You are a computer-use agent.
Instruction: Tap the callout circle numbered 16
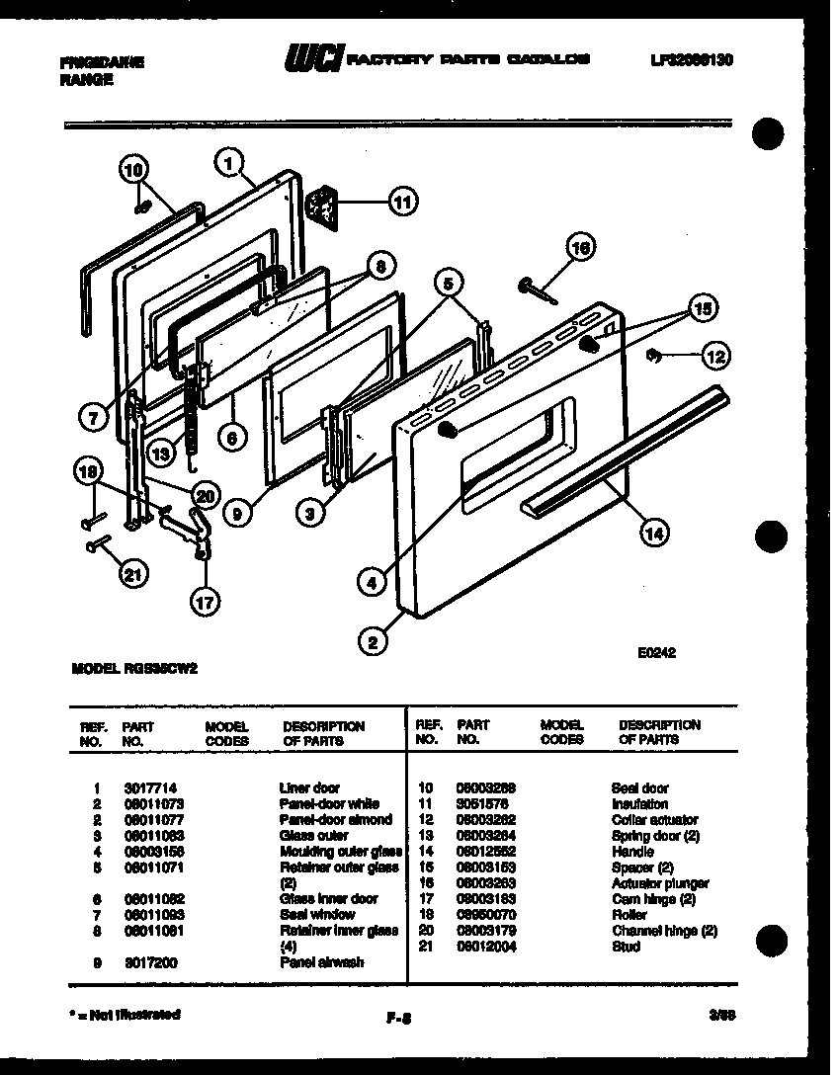(580, 249)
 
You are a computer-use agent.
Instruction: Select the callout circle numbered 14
(652, 534)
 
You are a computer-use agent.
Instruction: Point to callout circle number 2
(373, 643)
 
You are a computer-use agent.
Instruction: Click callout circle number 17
(206, 600)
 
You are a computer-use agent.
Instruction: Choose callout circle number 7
(92, 418)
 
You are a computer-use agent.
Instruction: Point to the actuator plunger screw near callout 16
(535, 289)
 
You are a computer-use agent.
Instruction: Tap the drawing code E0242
(656, 652)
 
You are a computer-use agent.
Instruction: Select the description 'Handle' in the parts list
(632, 851)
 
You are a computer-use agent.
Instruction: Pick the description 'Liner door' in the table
(310, 787)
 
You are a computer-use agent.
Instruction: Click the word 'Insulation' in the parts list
(639, 803)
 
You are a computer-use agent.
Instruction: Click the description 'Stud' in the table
(626, 946)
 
